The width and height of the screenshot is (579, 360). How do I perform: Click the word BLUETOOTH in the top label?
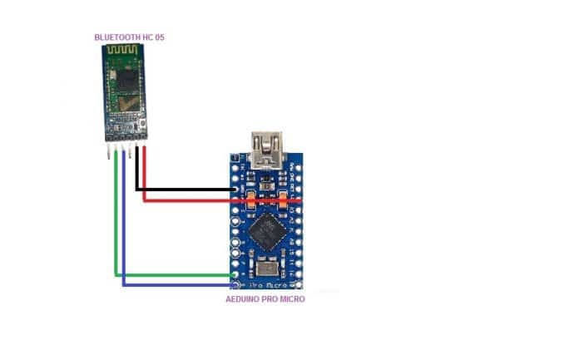point(112,37)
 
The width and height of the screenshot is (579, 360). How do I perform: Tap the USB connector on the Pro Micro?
point(266,149)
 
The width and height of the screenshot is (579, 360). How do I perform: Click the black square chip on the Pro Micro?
point(266,228)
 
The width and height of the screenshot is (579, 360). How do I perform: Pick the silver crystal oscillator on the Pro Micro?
point(268,267)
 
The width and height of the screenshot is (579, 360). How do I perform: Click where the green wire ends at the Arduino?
point(235,275)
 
